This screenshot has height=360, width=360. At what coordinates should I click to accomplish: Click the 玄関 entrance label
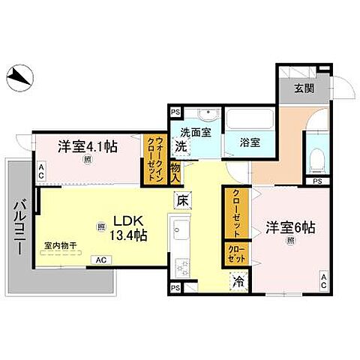click(303, 88)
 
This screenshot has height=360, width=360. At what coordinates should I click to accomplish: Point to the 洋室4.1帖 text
click(88, 145)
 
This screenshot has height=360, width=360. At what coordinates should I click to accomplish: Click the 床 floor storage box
click(182, 200)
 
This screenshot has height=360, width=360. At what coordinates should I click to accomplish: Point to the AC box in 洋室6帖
click(323, 282)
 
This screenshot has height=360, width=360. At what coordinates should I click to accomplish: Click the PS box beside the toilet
click(317, 181)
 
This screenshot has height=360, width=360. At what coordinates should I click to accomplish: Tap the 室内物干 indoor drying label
click(61, 244)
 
